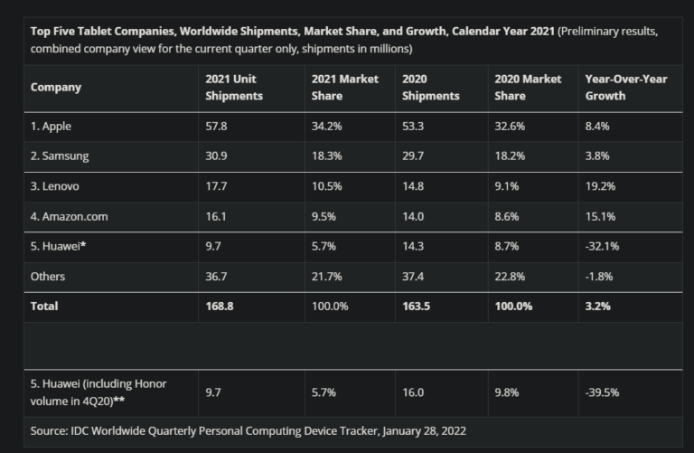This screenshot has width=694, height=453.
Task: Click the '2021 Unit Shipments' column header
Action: tap(233, 88)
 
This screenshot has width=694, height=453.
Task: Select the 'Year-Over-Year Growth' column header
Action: tap(626, 88)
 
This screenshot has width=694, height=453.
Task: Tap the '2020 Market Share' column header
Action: tap(528, 88)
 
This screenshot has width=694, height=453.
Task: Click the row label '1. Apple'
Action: tap(51, 127)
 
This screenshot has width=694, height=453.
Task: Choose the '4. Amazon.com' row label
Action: tap(68, 216)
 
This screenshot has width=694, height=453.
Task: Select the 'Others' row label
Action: tap(48, 277)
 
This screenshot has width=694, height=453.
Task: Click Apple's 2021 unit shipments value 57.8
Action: tap(217, 127)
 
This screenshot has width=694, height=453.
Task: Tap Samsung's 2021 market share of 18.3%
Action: tap(326, 156)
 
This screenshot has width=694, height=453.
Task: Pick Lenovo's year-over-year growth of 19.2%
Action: tap(600, 186)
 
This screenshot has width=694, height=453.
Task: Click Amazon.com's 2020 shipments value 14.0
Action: tap(413, 216)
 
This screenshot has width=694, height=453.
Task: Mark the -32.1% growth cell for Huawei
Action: tap(603, 246)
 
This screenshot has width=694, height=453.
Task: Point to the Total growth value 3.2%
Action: tap(598, 307)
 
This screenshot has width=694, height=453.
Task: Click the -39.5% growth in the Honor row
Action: tap(603, 392)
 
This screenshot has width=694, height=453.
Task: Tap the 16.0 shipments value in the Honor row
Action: tap(413, 392)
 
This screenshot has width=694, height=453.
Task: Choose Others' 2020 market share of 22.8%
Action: tap(510, 277)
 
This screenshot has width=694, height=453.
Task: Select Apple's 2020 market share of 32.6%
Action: tap(510, 127)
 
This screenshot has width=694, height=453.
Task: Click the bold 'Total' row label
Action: tap(44, 307)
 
